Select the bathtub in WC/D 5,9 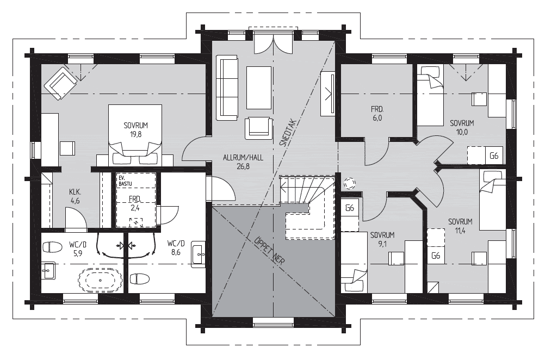pyautogui.click(x=100, y=280)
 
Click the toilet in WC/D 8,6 pyautogui.click(x=140, y=278)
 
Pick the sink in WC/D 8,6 pyautogui.click(x=198, y=254)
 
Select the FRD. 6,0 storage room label pyautogui.click(x=377, y=114)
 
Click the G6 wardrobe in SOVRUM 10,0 pyautogui.click(x=494, y=156)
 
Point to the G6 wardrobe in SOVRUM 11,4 pyautogui.click(x=436, y=255)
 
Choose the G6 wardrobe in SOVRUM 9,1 pyautogui.click(x=350, y=208)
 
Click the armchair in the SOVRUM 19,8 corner pyautogui.click(x=60, y=83)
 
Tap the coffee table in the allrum pyautogui.click(x=258, y=88)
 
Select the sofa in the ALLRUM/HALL pyautogui.click(x=227, y=88)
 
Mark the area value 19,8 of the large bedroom pyautogui.click(x=136, y=134)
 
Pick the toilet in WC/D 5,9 pyautogui.click(x=52, y=246)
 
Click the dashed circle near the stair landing pyautogui.click(x=350, y=184)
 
